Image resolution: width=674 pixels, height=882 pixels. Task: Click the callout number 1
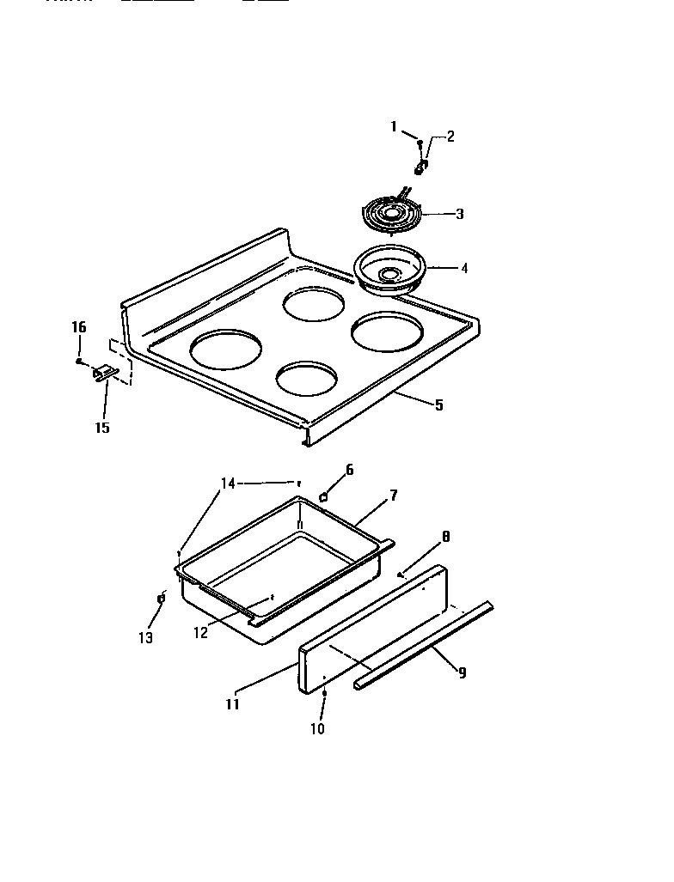point(394,127)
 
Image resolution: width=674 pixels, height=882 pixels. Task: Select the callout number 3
point(459,214)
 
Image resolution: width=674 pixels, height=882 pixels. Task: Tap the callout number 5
point(438,405)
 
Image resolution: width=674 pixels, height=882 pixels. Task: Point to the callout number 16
point(78,327)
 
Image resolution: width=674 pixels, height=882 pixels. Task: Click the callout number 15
point(102,428)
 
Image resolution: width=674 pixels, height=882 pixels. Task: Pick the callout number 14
point(227,484)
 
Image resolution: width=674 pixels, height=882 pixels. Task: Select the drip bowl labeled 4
point(391,268)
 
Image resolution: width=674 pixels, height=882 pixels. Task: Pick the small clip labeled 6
point(324,496)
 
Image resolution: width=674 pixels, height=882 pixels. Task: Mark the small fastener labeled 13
point(161,598)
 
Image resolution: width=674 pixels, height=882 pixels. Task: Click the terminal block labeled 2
point(421,165)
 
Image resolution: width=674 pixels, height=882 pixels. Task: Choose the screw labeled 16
point(79,362)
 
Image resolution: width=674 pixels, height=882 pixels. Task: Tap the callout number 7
point(393,496)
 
